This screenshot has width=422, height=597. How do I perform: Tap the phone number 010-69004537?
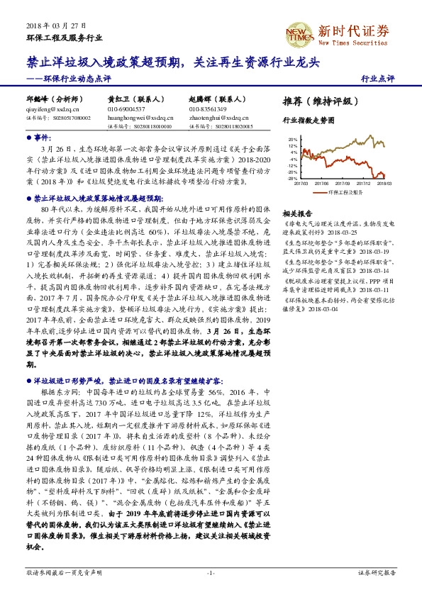126,109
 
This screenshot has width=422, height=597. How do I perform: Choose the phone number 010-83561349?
208,109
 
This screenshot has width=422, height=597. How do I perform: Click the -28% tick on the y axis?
293,179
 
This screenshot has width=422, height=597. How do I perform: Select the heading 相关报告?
297,213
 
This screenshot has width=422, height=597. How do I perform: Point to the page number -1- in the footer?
211,571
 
